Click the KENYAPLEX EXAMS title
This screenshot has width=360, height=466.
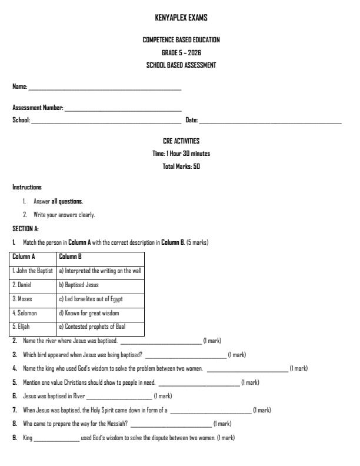[181, 18]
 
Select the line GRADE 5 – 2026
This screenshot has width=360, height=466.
[181, 52]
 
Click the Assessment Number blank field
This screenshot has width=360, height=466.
[123, 109]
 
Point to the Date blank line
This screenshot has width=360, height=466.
[270, 122]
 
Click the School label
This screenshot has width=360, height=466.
[21, 120]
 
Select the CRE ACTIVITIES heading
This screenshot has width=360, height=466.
[181, 141]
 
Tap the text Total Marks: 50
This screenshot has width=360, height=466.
[181, 167]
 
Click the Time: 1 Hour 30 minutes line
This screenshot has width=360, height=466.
[181, 154]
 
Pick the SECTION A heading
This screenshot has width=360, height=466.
[25, 228]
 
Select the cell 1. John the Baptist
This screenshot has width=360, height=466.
[33, 271]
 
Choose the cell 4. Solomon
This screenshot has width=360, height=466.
[25, 313]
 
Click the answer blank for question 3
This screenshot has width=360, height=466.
[185, 356]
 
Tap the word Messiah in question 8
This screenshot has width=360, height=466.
[115, 424]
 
